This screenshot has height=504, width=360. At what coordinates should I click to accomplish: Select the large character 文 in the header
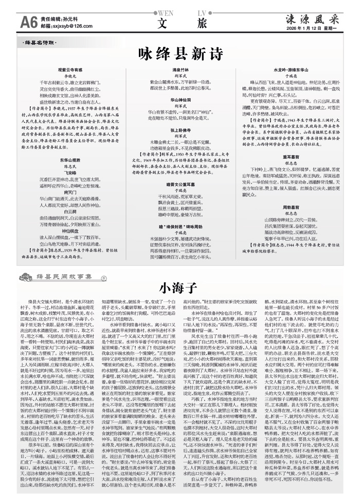click(x=164, y=23)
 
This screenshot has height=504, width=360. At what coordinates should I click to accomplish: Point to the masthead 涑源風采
click(x=313, y=18)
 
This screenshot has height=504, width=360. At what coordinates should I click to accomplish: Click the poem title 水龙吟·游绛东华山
click(x=290, y=68)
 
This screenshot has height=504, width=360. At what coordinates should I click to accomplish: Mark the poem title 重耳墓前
click(x=290, y=155)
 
